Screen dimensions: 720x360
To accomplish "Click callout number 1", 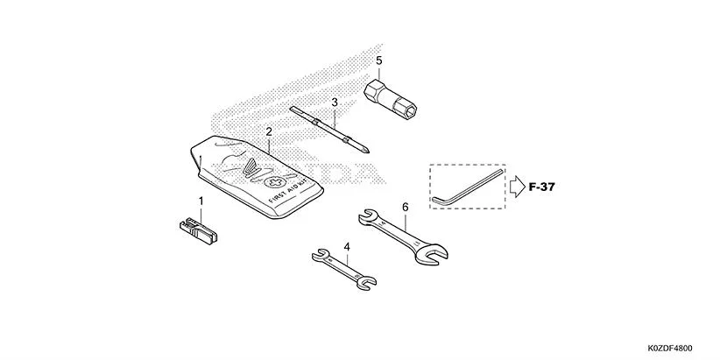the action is [x=201, y=202].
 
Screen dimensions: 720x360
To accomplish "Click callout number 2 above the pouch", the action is [x=268, y=132].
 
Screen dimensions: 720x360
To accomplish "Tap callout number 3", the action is [x=335, y=103].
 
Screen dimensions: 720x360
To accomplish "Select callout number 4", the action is [x=347, y=247].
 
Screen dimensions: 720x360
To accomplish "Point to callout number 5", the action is [x=379, y=60].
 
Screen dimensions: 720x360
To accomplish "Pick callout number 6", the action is [x=405, y=208].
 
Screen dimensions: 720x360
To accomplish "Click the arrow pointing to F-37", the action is [x=516, y=186].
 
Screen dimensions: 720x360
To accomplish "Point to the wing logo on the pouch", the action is [x=252, y=167].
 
